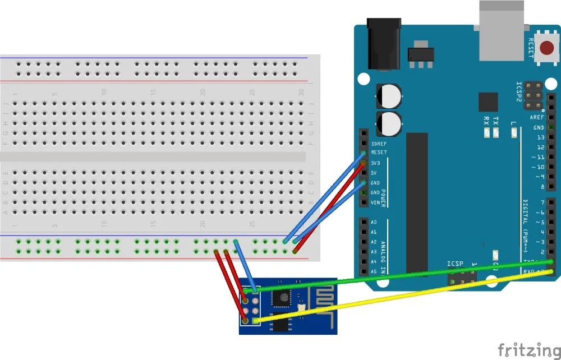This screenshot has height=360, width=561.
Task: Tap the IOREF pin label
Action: pos(379,143)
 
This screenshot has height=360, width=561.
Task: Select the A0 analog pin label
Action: pos(374,222)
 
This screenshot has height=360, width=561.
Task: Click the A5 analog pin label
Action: pos(374,271)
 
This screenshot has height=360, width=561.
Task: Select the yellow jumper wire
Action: pos(404,297)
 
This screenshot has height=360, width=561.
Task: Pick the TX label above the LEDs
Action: pos(495,120)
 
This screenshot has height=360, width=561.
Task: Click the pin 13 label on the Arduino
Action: pos(540,137)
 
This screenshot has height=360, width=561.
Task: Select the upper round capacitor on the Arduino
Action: pos(389,96)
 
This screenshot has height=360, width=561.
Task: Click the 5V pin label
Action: pos(374,173)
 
